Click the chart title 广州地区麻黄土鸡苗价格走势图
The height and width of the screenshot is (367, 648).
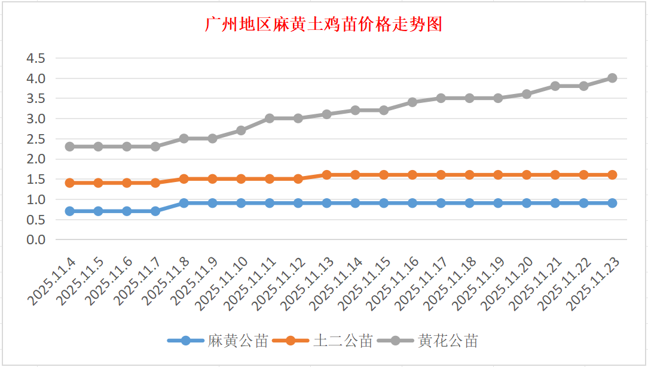pyautogui.click(x=323, y=25)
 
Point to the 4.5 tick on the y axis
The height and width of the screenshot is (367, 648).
pyautogui.click(x=35, y=58)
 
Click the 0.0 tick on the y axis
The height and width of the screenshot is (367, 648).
pyautogui.click(x=35, y=239)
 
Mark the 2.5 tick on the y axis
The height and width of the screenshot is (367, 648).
pyautogui.click(x=35, y=139)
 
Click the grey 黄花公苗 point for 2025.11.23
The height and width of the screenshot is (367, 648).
pyautogui.click(x=612, y=78)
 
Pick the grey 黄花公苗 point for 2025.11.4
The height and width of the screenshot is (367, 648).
pyautogui.click(x=69, y=147)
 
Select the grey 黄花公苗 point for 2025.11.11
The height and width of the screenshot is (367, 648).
pyautogui.click(x=270, y=119)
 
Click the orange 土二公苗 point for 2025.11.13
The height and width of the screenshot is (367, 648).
pyautogui.click(x=326, y=175)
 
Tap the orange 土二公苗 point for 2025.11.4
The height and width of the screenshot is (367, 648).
pyautogui.click(x=69, y=183)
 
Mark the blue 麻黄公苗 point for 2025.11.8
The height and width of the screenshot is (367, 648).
pyautogui.click(x=184, y=203)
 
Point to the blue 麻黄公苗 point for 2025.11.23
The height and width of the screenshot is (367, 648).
pyautogui.click(x=612, y=203)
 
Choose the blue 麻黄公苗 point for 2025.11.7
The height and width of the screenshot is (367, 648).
pyautogui.click(x=155, y=211)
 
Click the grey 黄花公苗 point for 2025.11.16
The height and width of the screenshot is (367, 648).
pyautogui.click(x=412, y=102)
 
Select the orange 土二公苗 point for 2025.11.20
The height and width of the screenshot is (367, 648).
pyautogui.click(x=527, y=175)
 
